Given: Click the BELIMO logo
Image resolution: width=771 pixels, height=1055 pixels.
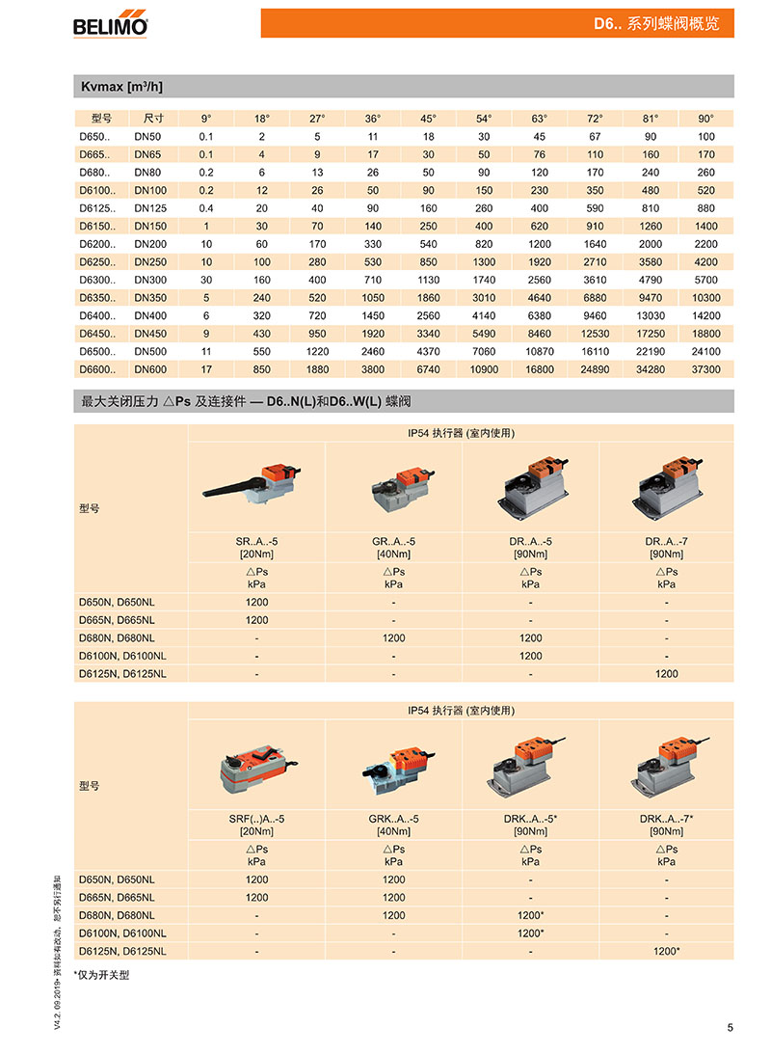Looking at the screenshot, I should [110, 24].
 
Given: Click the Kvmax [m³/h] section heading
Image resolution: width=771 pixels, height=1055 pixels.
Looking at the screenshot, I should [121, 87].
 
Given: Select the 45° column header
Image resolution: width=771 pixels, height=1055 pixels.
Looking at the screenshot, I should [428, 119].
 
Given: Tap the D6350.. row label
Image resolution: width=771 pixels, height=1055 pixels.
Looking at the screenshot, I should [96, 298].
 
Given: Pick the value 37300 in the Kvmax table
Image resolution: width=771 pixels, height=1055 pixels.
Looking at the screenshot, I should [706, 368].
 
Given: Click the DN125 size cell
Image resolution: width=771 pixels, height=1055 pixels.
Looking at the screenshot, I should [150, 208].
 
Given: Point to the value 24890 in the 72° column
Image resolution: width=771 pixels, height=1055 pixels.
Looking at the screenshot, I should [595, 368].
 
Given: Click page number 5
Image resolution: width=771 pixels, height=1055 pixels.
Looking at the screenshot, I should [730, 1027].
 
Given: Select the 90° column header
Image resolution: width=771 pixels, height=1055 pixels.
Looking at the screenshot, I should [706, 119].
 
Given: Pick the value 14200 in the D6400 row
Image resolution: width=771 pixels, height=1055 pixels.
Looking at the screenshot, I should [706, 315].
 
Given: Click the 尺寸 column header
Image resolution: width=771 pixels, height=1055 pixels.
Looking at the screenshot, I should [153, 119].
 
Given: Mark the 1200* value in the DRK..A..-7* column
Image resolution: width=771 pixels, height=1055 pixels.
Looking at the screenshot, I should [666, 951].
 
